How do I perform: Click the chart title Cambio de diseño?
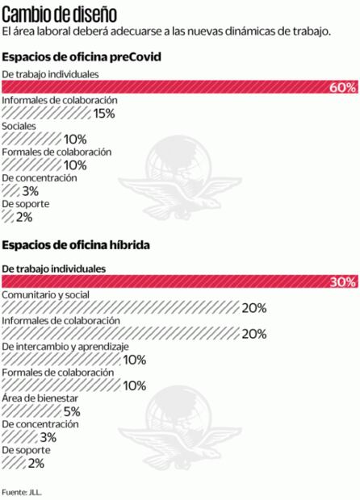[59, 14]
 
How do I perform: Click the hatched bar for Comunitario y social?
[121, 307]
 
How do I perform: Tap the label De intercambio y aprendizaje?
[65, 346]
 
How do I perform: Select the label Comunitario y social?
[46, 294]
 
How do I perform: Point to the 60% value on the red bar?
[342, 87]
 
